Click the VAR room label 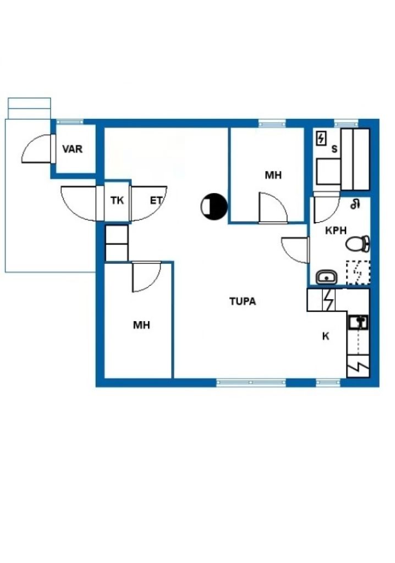pos(73,149)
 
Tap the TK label pos(117,200)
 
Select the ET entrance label pos(156,200)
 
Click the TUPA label pos(243,301)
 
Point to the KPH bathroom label pos(336,231)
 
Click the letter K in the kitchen pos(325,336)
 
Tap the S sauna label pos(334,149)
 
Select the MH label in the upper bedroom pos(273,175)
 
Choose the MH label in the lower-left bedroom pos(141,325)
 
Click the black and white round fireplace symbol pos(214,207)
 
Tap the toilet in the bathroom pos(358,242)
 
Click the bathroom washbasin pos(326,277)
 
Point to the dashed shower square pos(358,273)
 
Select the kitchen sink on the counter pos(358,322)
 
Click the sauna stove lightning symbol pos(321,139)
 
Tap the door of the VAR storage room pos(37,147)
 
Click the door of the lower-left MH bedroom pos(146,278)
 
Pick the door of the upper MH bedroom pos(272,208)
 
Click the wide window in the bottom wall pos(251,382)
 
